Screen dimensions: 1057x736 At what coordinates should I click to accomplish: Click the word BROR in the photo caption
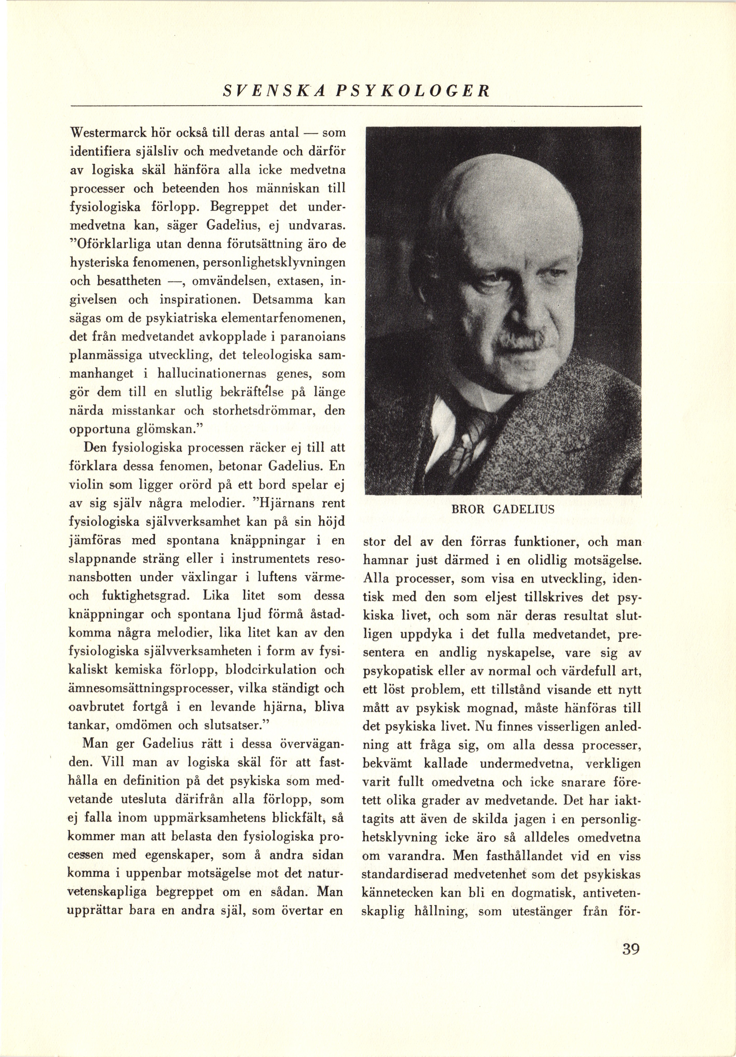point(466,510)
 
